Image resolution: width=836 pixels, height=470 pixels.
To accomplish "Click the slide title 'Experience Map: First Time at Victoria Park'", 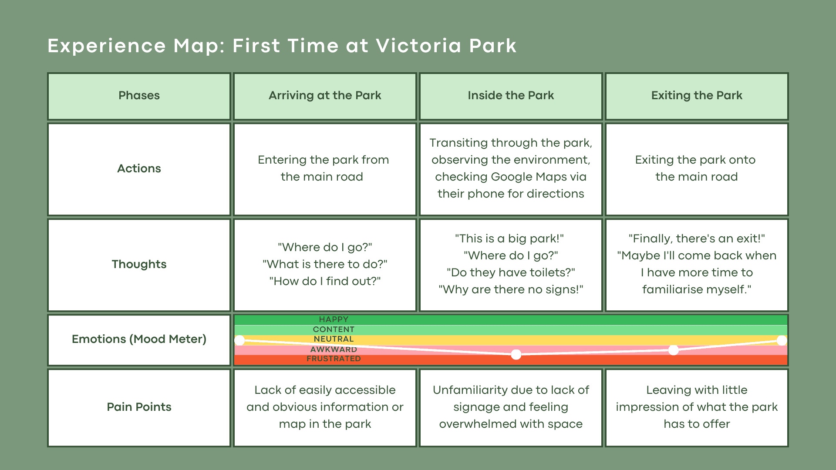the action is pyautogui.click(x=282, y=46).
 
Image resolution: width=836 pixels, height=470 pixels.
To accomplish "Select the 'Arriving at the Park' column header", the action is pyautogui.click(x=325, y=95).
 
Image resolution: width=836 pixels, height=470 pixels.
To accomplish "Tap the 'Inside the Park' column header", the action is pyautogui.click(x=511, y=95).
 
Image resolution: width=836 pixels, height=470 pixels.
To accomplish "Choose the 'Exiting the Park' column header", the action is pyautogui.click(x=697, y=95).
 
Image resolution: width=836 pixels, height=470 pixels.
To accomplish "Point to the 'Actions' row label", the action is pyautogui.click(x=139, y=168).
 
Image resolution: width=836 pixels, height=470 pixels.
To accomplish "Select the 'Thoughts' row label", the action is pyautogui.click(x=139, y=264).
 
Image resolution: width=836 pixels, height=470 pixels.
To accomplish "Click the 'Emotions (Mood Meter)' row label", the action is pyautogui.click(x=139, y=339).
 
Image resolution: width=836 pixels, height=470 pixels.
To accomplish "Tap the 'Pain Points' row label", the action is pyautogui.click(x=139, y=407).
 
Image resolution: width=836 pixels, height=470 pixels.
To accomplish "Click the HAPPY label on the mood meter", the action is pyautogui.click(x=334, y=319).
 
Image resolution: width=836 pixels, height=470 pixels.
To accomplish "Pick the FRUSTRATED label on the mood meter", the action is pyautogui.click(x=334, y=359).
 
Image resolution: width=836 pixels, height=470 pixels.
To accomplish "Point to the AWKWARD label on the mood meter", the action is pyautogui.click(x=334, y=349).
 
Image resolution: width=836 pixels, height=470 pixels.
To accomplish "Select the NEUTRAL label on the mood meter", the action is pyautogui.click(x=334, y=339).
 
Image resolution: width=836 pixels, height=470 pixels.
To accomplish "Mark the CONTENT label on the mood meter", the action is pyautogui.click(x=334, y=329).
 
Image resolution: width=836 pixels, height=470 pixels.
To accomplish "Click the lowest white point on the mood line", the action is pyautogui.click(x=516, y=355).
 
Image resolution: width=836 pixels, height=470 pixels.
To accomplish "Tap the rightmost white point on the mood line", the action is pyautogui.click(x=782, y=340).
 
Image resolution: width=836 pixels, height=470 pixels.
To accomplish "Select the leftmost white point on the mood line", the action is pyautogui.click(x=239, y=340).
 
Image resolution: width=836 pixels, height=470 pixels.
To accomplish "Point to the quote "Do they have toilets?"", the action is pyautogui.click(x=511, y=272).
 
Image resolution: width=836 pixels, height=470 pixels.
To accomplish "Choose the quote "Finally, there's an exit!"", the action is pyautogui.click(x=697, y=238).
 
